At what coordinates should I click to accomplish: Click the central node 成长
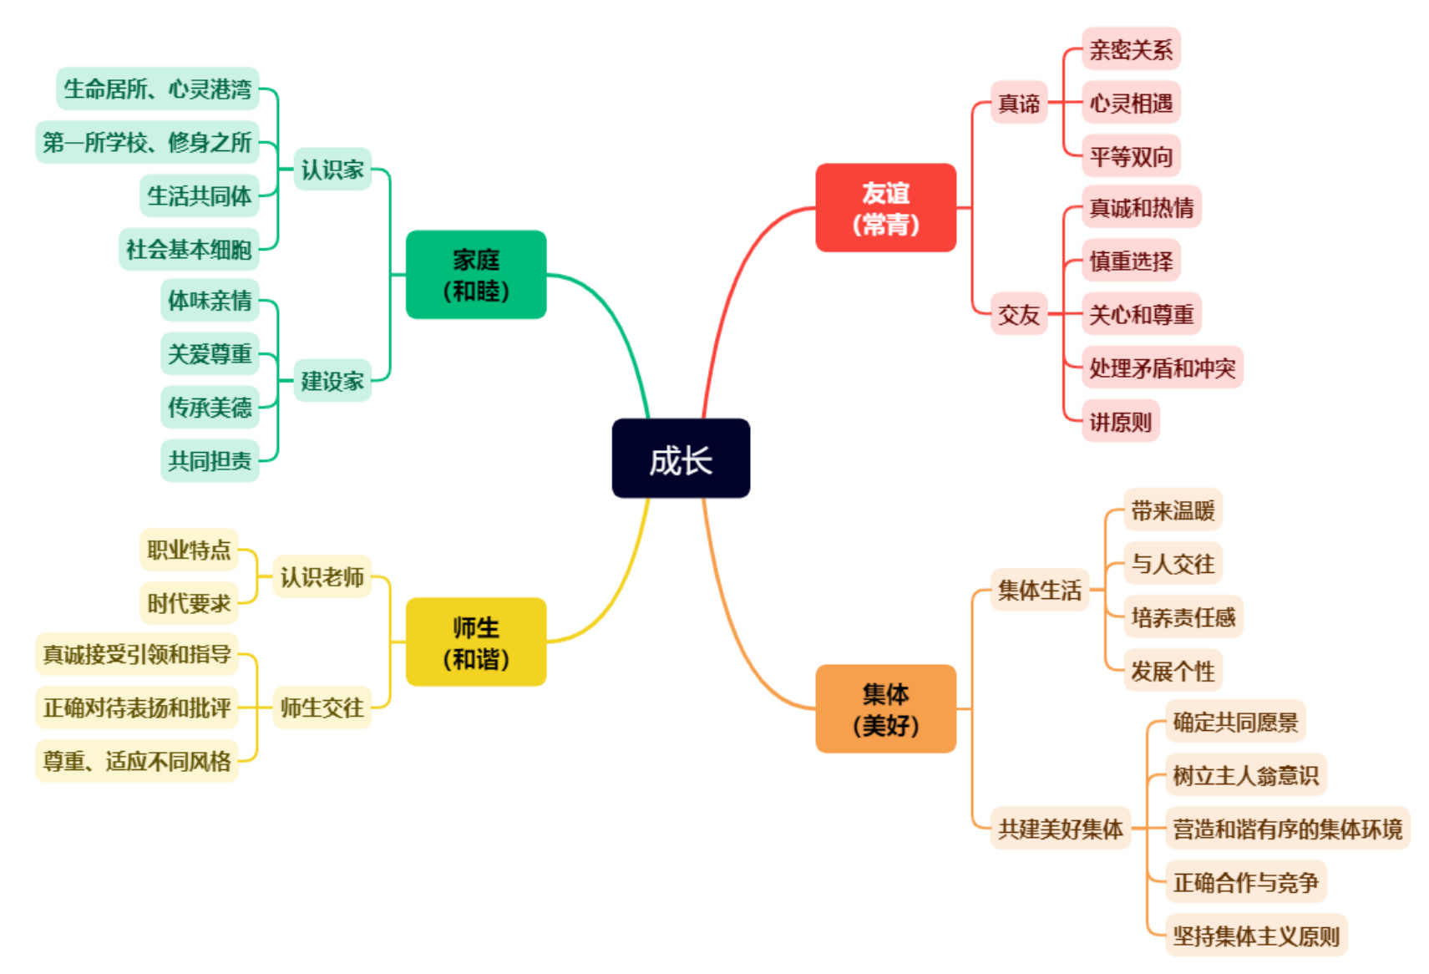(x=681, y=459)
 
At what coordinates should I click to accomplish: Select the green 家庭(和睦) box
(x=476, y=275)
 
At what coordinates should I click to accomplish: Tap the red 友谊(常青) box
(x=885, y=207)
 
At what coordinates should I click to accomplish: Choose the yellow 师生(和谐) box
(x=476, y=642)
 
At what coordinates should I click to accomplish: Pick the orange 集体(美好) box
(x=885, y=708)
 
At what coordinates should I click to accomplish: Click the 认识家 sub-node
(x=332, y=169)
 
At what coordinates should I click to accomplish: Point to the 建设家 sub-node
(x=332, y=380)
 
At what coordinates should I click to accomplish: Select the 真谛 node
(x=1019, y=102)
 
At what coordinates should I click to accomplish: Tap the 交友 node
(x=1019, y=314)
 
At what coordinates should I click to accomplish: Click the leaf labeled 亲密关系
(x=1131, y=48)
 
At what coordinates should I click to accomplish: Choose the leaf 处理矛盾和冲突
(x=1163, y=367)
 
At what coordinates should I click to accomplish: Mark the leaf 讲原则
(x=1120, y=421)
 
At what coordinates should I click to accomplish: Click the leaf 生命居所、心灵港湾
(x=158, y=89)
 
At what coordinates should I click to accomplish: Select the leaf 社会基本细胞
(x=189, y=249)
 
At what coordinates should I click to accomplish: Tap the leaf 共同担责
(x=210, y=460)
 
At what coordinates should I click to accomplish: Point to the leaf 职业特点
(x=189, y=550)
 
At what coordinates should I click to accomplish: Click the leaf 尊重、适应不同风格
(x=136, y=761)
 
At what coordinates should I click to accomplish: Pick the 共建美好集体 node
(x=1061, y=829)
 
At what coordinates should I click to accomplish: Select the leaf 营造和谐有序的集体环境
(x=1287, y=829)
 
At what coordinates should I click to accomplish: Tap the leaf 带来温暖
(x=1173, y=510)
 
